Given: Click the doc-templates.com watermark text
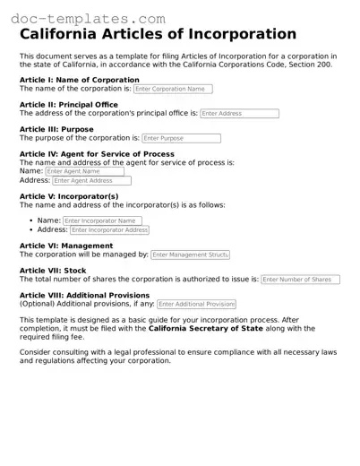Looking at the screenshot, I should [x=89, y=18].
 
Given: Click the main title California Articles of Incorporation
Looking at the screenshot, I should [x=157, y=35].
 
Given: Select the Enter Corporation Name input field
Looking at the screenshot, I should [x=172, y=90].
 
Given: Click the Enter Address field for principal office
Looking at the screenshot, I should [x=239, y=114].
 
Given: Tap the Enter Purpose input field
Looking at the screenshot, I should [x=181, y=139].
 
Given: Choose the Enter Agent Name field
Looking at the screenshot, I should [x=84, y=171].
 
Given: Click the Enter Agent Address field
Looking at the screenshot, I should [x=91, y=181].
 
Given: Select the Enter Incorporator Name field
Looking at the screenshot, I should [x=102, y=220].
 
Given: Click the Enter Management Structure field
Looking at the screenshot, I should [x=190, y=255].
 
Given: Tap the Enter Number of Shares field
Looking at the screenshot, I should [x=300, y=280].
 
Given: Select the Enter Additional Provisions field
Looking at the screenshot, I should [x=195, y=305].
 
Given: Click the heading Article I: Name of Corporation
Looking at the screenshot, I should [x=79, y=80].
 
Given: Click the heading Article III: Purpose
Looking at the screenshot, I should [x=56, y=130].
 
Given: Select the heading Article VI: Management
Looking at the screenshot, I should [x=66, y=246].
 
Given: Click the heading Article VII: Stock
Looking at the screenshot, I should [x=53, y=271].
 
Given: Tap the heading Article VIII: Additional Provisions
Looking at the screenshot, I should [x=84, y=295].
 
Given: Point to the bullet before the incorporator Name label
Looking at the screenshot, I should [x=32, y=220].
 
